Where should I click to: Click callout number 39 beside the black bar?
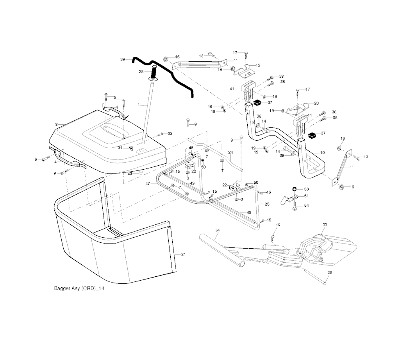click(122, 59)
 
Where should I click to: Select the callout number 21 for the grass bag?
click(184, 254)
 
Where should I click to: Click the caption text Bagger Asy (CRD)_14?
click(79, 288)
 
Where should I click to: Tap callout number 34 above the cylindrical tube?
click(218, 230)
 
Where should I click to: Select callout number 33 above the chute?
click(325, 224)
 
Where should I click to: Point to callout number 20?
click(316, 103)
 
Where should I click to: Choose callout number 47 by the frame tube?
click(148, 183)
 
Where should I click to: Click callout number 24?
click(230, 152)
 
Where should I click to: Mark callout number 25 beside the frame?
click(267, 204)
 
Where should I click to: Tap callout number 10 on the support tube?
click(322, 152)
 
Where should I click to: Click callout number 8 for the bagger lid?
click(57, 124)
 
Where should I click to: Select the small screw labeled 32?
click(161, 134)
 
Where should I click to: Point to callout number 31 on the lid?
click(120, 147)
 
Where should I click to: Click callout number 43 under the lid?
click(130, 173)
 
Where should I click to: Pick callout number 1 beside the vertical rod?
click(138, 105)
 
